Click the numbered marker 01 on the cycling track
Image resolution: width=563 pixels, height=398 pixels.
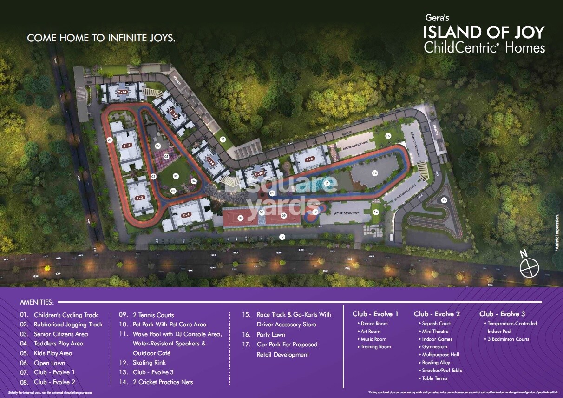point(110,139)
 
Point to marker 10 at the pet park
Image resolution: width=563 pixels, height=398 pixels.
point(223,139)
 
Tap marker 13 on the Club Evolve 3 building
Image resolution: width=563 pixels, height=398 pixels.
point(374,172)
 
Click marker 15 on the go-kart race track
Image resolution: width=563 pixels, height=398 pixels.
point(444,200)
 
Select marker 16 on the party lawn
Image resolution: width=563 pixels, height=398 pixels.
point(388,136)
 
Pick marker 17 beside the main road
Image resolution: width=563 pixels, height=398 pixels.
point(281,237)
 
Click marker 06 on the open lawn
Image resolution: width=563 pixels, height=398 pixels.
point(175,176)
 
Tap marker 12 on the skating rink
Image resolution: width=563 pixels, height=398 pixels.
point(315,212)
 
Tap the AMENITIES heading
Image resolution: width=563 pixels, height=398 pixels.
point(37,302)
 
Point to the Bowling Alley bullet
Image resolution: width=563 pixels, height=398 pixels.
point(436,363)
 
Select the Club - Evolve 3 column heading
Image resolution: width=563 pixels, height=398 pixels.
point(502,314)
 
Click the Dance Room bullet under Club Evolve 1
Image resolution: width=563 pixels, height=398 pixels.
point(374,324)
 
